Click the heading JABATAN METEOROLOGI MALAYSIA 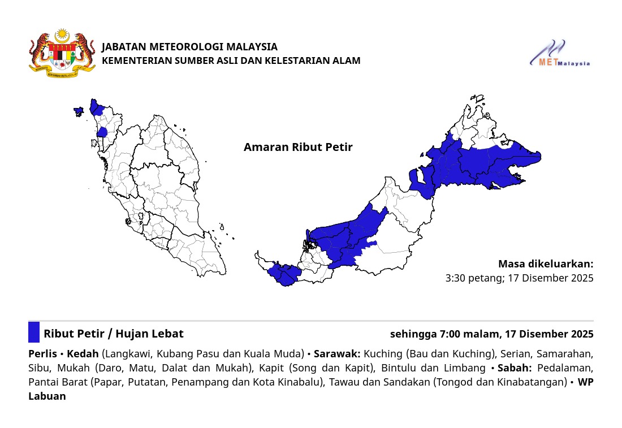pyautogui.click(x=189, y=47)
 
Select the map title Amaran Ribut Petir pyautogui.click(x=298, y=148)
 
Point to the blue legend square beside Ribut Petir pyautogui.click(x=34, y=332)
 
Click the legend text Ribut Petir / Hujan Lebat pyautogui.click(x=114, y=334)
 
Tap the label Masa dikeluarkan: pyautogui.click(x=546, y=264)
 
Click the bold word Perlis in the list pyautogui.click(x=42, y=354)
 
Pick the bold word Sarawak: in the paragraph pyautogui.click(x=337, y=354)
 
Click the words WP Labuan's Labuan pyautogui.click(x=47, y=396)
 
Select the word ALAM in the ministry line pyautogui.click(x=347, y=60)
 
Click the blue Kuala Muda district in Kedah pyautogui.click(x=102, y=132)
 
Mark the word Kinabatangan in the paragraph pyautogui.click(x=535, y=382)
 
